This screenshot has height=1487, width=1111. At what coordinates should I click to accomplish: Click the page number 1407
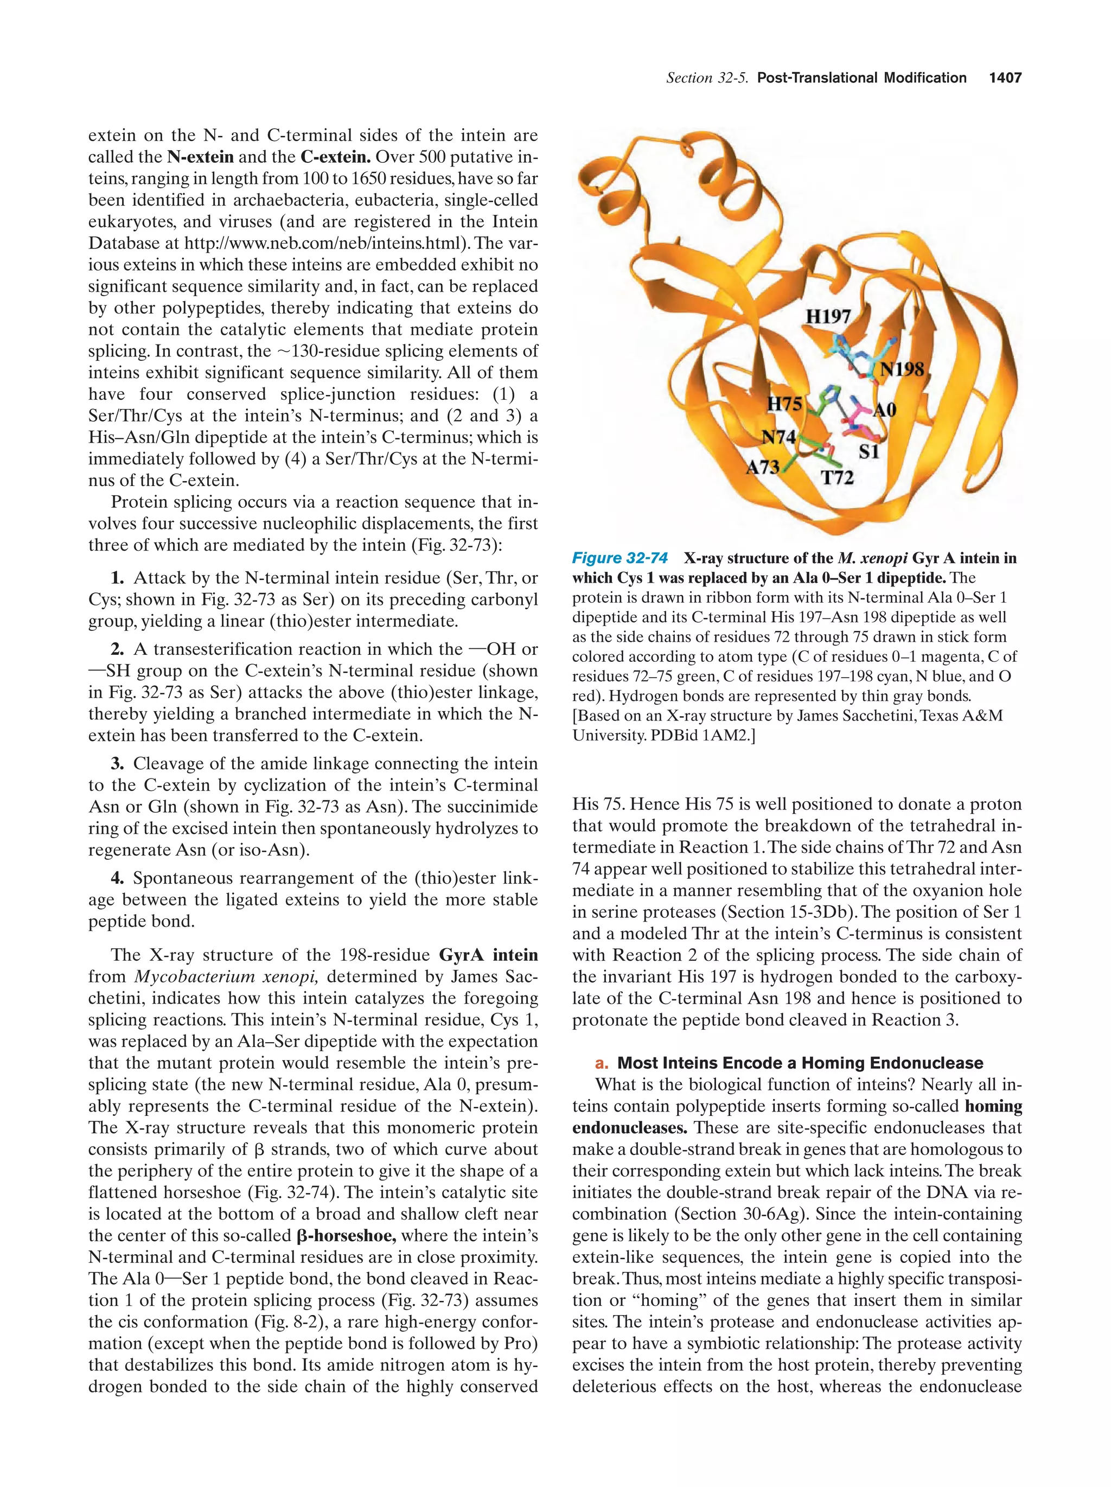coord(1005,78)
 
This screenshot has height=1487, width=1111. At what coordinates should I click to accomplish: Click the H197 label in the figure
coord(828,316)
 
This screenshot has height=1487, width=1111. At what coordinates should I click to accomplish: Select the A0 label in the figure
coord(884,410)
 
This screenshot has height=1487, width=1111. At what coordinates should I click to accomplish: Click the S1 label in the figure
coord(869,452)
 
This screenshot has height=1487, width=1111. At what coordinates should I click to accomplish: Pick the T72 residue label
coord(838,478)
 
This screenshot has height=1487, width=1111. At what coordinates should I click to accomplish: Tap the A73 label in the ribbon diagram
coord(763,467)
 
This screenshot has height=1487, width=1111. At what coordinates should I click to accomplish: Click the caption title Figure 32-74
coord(620,558)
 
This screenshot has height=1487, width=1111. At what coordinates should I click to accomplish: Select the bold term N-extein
coord(200,157)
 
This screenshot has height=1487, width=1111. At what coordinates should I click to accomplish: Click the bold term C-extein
coord(335,157)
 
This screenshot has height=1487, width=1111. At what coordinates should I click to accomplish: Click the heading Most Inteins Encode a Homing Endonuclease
coord(799,1063)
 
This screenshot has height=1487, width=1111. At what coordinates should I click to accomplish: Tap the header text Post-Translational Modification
coord(861,78)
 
